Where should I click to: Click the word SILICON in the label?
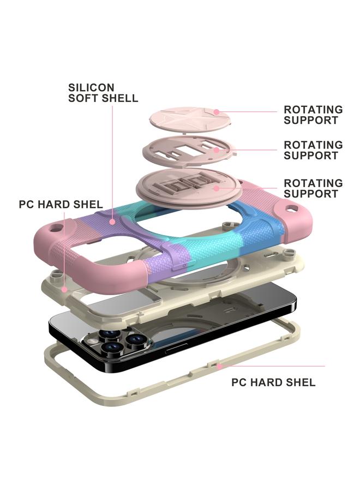91,87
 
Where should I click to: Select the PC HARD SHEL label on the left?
61,205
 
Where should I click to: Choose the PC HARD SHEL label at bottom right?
273,382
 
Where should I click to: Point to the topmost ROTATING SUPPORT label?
313,115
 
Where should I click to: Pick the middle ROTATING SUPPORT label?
313,150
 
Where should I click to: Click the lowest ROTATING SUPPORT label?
313,188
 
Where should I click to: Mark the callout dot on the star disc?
216,112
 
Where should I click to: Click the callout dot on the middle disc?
217,149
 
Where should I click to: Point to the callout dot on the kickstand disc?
217,188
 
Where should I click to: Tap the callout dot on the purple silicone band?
112,222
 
